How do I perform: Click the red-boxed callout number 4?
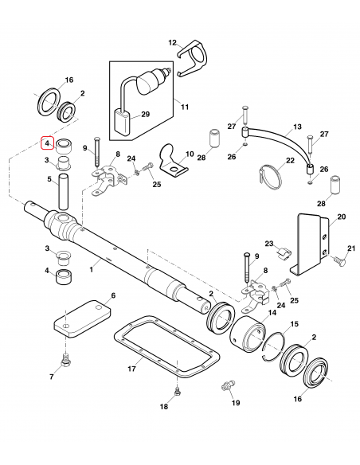tap(47, 143)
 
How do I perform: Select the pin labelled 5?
tap(65, 192)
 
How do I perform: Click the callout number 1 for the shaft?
tap(92, 270)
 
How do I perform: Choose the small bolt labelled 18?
tap(177, 391)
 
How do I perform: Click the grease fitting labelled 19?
tap(228, 386)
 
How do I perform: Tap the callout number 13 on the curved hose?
tap(297, 127)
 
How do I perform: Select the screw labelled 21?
tap(340, 261)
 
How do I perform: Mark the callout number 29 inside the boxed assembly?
tap(146, 114)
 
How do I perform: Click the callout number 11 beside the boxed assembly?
tap(185, 107)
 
